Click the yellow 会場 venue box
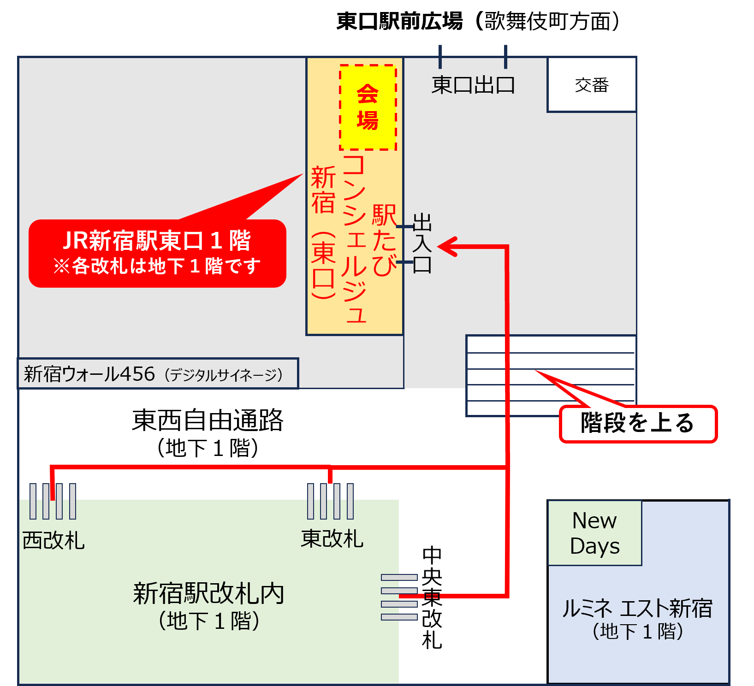[x=368, y=107]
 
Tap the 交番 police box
[x=592, y=85]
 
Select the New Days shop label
[x=594, y=533]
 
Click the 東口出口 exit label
[x=473, y=85]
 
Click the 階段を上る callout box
[x=638, y=424]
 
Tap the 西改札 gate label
[x=53, y=540]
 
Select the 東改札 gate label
[x=332, y=538]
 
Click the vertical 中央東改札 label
[x=432, y=598]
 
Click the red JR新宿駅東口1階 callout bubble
[x=157, y=253]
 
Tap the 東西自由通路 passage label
[x=208, y=420]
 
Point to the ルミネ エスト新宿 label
[x=637, y=609]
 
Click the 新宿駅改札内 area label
[x=208, y=594]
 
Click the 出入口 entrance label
[x=422, y=243]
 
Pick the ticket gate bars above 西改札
[x=53, y=501]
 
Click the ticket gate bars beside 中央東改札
[x=399, y=597]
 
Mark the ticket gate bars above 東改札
[x=331, y=501]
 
